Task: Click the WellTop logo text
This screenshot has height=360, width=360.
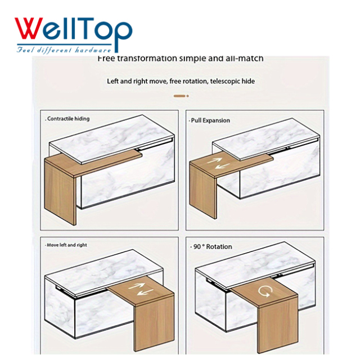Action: coord(73,29)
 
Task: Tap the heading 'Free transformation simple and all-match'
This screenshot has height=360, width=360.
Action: coord(180,58)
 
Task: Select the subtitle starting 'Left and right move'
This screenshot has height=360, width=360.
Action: coord(181,81)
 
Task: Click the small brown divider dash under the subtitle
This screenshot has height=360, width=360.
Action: coord(180,96)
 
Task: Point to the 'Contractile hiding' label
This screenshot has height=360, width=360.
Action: coord(67,119)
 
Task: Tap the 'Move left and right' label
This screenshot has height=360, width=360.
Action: coord(67,245)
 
